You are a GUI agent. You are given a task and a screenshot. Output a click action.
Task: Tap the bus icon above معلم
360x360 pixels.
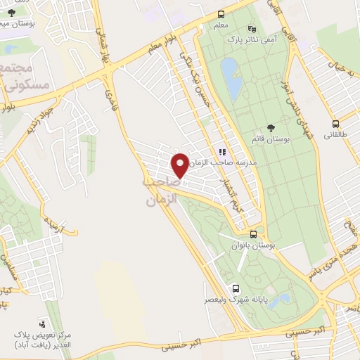pos(221,14)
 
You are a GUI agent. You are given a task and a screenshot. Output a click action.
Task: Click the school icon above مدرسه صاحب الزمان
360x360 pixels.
pos(222,152)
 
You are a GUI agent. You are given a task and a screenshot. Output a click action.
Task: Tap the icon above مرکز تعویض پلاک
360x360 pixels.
pos(43,323)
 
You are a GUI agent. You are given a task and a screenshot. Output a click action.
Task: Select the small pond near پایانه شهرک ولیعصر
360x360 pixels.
pos(279,301)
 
